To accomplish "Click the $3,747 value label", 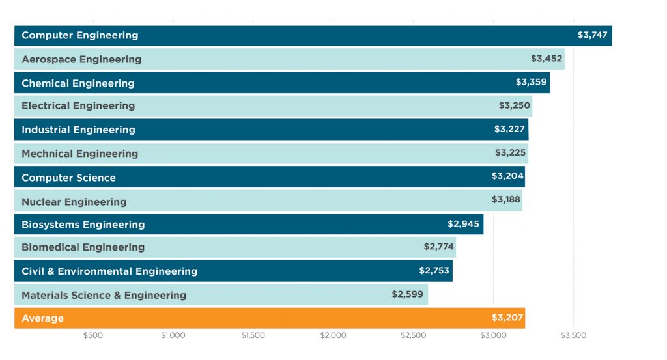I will pos(592,35).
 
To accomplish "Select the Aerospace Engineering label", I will pos(81,59).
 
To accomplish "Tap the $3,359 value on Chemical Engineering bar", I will pos(531,82).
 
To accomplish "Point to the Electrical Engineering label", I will pos(78,105).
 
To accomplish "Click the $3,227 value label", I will pos(509,129).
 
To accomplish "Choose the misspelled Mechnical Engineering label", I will pos(80,154).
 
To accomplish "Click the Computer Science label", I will pos(68,178).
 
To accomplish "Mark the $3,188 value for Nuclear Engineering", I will pos(506,199).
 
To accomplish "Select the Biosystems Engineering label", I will pos(83,225).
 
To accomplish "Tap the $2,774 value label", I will pos(438,246).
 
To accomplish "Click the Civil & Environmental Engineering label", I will pos(109,271).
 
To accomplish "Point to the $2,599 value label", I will pos(407,294).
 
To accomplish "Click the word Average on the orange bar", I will pos(42,318).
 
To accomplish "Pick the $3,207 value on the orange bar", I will pos(507,318).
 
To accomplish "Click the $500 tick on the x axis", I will pos(93,336).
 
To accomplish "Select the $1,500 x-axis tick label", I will pos(253,336).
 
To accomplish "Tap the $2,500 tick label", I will pos(413,336).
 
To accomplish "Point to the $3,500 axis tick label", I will pos(573,336).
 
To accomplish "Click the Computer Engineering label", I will pos(79,35).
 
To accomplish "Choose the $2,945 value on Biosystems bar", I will pos(463,223).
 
